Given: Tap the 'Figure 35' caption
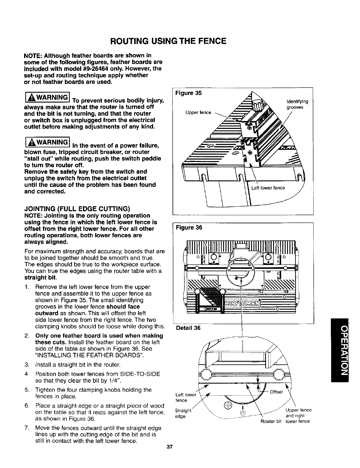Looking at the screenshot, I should pyautogui.click(x=189, y=93).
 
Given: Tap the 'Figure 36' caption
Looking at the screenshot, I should pyautogui.click(x=189, y=228).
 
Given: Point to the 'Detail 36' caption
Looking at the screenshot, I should pyautogui.click(x=188, y=328).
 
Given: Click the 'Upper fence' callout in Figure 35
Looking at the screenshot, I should pyautogui.click(x=198, y=113).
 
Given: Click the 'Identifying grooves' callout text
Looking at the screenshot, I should pyautogui.click(x=297, y=104).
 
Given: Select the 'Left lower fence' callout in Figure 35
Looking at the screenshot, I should pyautogui.click(x=268, y=188).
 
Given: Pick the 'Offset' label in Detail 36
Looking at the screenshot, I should pyautogui.click(x=276, y=392).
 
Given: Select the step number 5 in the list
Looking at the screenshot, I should pyautogui.click(x=27, y=390).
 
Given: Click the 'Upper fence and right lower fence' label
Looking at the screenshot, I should pyautogui.click(x=298, y=416).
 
